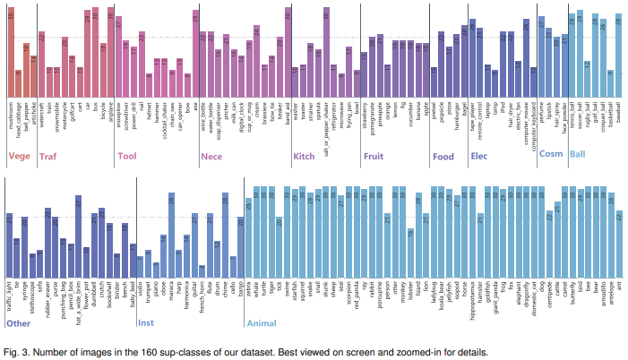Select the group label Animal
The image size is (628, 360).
262,323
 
